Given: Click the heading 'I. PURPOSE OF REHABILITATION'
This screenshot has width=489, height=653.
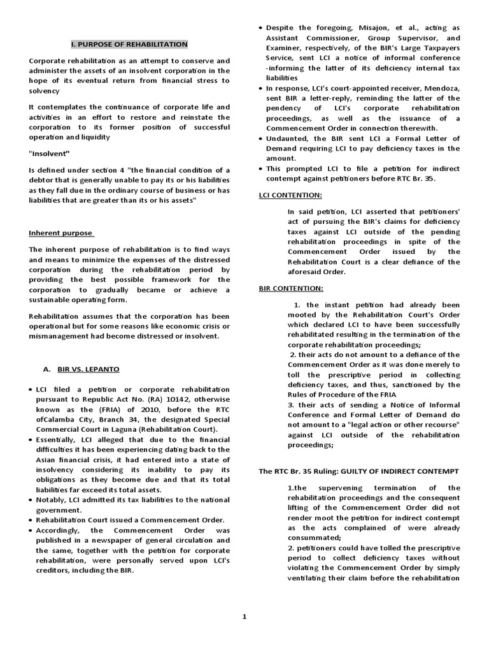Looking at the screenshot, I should [129, 44].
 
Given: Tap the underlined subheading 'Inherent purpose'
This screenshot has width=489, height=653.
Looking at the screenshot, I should [61, 233].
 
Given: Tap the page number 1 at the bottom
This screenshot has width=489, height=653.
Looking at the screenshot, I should [244, 616].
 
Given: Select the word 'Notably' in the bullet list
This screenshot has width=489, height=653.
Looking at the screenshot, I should [53, 500].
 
